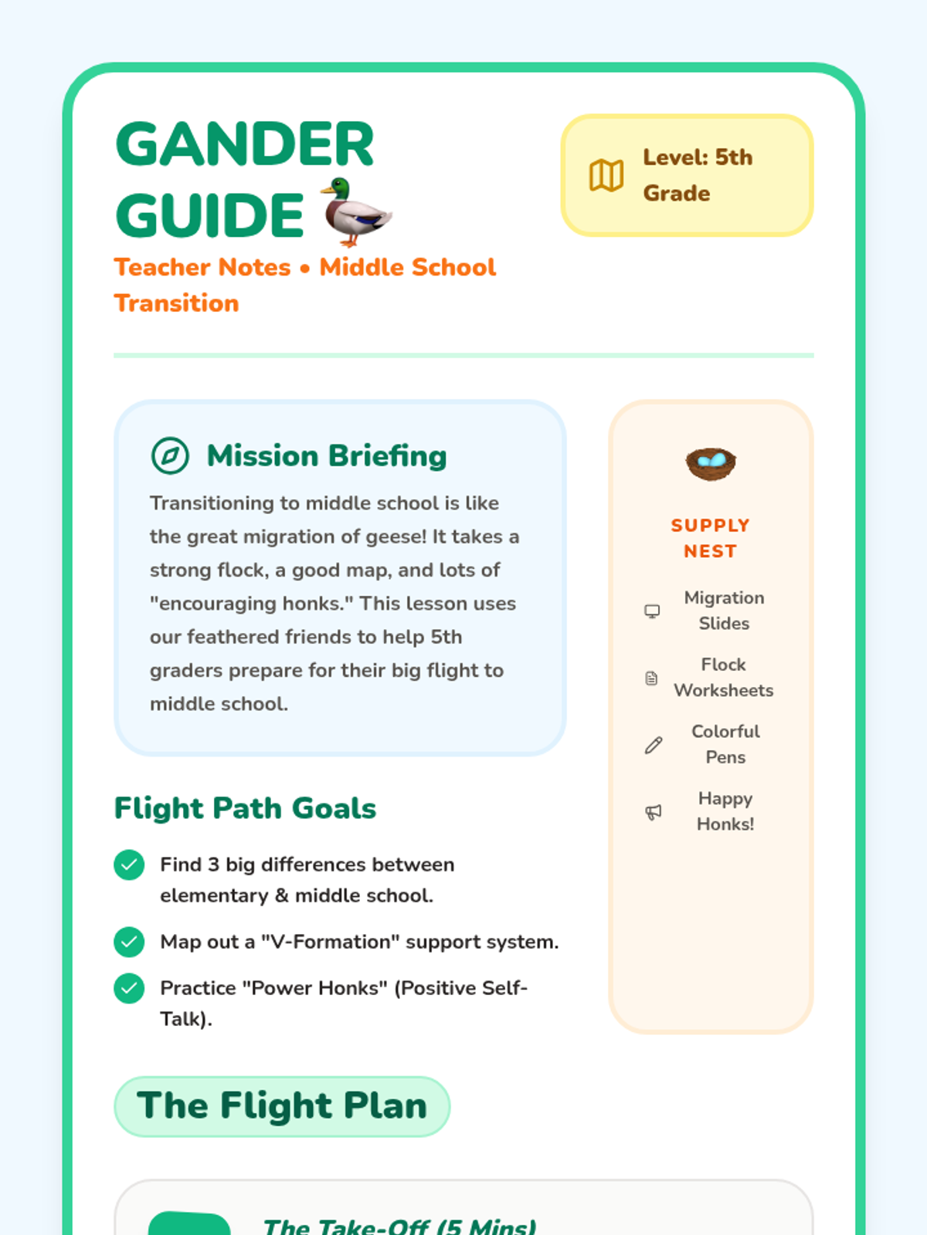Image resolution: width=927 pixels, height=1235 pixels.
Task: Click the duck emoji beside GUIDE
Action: (x=356, y=211)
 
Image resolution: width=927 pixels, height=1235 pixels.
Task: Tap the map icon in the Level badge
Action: (x=606, y=175)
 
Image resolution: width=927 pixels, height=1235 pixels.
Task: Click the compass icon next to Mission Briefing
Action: (x=170, y=455)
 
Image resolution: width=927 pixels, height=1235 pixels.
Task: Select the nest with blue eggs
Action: (x=711, y=463)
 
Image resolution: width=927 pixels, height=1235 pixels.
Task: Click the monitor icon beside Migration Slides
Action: (x=653, y=611)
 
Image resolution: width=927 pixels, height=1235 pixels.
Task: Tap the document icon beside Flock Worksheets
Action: (x=652, y=678)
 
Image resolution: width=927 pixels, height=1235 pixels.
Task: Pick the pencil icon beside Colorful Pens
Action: (x=654, y=745)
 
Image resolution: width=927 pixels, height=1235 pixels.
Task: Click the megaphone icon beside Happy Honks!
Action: (x=654, y=811)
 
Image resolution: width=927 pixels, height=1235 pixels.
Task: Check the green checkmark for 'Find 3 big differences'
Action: (x=129, y=864)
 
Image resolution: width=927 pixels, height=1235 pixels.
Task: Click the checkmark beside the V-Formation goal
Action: (x=129, y=942)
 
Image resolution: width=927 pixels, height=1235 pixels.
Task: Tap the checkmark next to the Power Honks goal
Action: (x=129, y=988)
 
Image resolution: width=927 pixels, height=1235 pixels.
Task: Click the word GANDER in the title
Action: (x=245, y=144)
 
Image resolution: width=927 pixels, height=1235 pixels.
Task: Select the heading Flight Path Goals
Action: (x=245, y=808)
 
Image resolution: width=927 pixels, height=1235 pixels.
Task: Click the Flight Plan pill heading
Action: (x=282, y=1106)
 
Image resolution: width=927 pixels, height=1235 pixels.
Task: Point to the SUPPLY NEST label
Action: (x=711, y=538)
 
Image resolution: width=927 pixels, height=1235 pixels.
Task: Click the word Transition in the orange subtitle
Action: (x=177, y=303)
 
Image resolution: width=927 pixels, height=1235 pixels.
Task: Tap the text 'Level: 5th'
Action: (x=698, y=157)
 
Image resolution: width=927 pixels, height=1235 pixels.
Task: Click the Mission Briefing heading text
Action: (x=327, y=455)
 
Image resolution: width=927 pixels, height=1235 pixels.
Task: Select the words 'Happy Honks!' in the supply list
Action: (x=725, y=811)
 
